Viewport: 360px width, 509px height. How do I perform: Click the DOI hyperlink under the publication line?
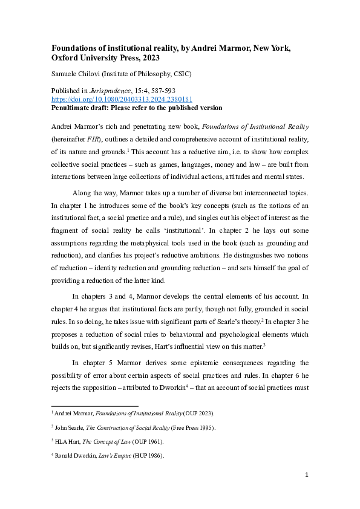pyautogui.click(x=122, y=100)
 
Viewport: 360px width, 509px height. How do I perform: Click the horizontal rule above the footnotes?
pyautogui.click(x=94, y=406)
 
